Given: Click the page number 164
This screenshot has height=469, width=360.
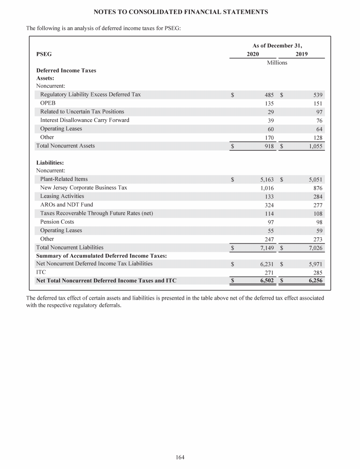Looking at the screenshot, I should click(180, 457).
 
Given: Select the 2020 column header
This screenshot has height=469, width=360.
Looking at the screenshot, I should click(253, 54).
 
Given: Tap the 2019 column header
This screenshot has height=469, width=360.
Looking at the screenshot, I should click(302, 54).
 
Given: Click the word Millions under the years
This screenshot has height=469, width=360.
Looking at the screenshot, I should click(277, 62).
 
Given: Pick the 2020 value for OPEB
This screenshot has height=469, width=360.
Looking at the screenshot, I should click(269, 103).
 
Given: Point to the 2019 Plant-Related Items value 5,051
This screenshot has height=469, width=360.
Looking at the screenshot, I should click(315, 179).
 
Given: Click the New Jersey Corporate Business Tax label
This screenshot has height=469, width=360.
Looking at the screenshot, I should click(83, 188).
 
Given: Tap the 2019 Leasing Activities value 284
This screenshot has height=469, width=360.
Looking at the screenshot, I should click(318, 196).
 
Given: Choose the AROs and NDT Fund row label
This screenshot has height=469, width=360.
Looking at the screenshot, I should click(67, 204).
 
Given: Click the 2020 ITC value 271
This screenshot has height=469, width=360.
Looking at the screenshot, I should click(269, 272).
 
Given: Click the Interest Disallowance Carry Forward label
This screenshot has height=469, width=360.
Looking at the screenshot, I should click(85, 120).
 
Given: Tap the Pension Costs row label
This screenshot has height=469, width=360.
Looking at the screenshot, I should click(57, 221).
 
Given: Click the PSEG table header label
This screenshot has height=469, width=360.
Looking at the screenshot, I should click(44, 54).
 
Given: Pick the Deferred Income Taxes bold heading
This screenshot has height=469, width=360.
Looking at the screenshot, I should click(66, 70).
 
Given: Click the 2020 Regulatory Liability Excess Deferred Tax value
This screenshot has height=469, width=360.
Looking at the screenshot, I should click(269, 95).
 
